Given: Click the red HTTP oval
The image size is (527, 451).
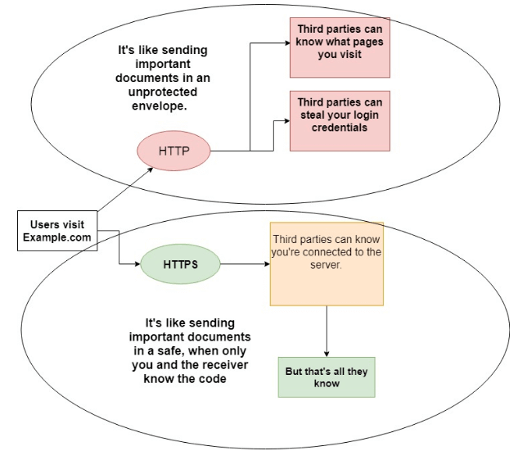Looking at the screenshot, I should pos(173,151).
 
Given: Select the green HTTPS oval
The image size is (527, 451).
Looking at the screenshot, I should pos(181,265).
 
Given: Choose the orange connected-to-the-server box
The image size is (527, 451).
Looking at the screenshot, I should pos(327,263).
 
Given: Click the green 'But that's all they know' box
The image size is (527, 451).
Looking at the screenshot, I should pos(327,377).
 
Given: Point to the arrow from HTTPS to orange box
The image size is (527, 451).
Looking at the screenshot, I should pos(245,265).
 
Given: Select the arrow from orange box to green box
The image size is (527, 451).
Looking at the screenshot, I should pos(327,331).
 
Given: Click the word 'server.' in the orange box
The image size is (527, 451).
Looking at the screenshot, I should pos(327,266).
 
